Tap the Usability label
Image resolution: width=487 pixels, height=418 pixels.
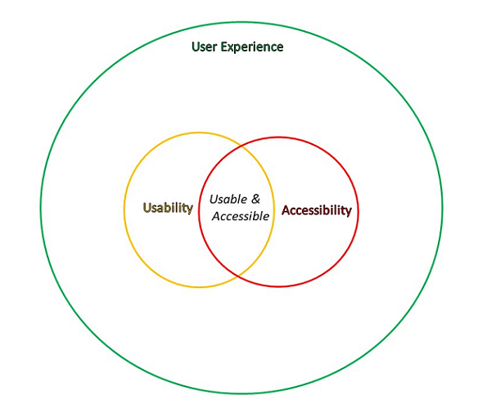coord(168,208)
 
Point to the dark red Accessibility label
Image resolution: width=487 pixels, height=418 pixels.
coord(317,210)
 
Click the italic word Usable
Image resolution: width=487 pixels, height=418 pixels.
coord(228,199)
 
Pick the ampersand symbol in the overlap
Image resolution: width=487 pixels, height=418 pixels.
coord(255,199)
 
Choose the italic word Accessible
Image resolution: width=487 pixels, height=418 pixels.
coord(241,216)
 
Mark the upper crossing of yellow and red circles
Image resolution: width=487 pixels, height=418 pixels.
coord(242,146)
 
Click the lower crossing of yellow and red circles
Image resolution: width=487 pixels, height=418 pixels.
coord(238,275)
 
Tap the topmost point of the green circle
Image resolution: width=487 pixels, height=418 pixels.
coord(241,22)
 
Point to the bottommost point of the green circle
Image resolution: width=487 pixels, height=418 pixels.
coord(241,393)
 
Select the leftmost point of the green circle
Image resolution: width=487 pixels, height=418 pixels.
coord(41,208)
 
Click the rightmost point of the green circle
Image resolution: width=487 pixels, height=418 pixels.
coord(442,208)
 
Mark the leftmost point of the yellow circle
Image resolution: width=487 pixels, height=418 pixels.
coord(124,209)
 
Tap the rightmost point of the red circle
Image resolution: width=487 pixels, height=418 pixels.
coord(358,212)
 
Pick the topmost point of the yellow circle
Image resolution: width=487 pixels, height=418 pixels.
coord(199,133)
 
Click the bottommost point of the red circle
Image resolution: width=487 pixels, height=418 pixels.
coord(278,286)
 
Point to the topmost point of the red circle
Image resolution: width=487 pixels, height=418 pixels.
coord(278,137)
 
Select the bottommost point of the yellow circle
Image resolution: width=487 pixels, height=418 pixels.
coord(199,287)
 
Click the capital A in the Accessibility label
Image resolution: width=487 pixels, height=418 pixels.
coord(286,210)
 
